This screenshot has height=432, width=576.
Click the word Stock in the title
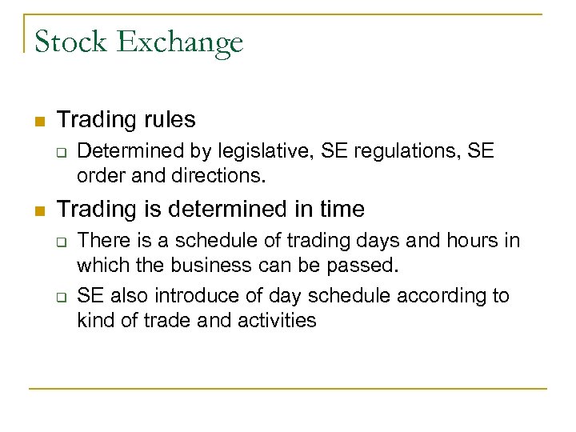[x=71, y=42]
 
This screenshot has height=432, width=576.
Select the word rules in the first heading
[x=166, y=120]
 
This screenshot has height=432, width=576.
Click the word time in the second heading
[x=339, y=210]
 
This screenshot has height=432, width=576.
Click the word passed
[x=368, y=265]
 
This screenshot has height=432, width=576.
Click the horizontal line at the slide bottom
[x=288, y=388]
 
